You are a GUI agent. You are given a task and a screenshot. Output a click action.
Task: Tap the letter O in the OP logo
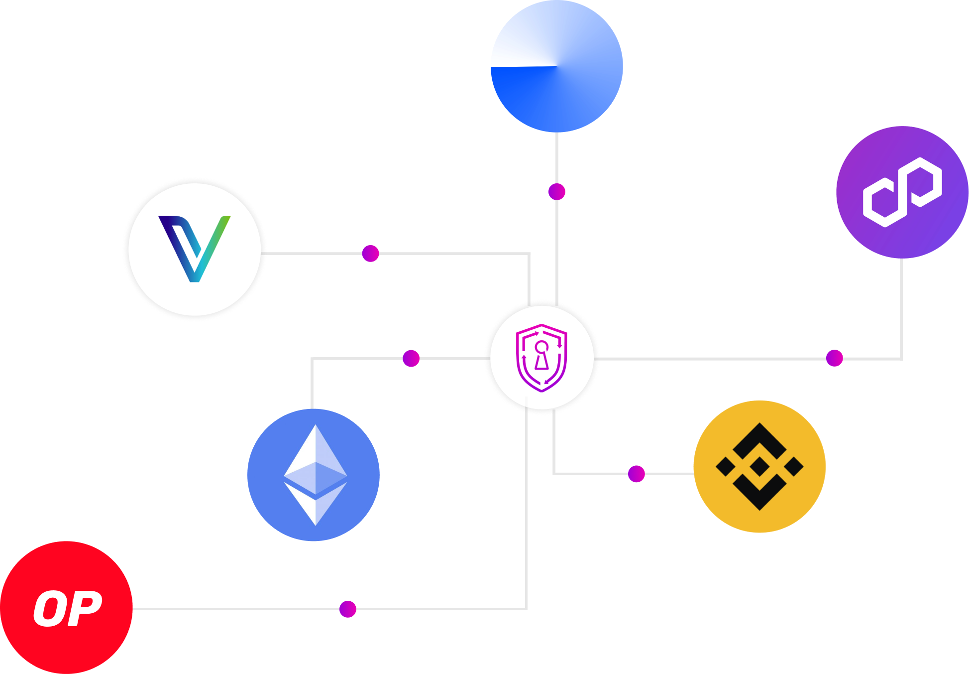(50, 608)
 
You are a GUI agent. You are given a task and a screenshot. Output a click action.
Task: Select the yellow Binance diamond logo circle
(759, 466)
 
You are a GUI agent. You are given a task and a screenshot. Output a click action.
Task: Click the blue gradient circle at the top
(556, 66)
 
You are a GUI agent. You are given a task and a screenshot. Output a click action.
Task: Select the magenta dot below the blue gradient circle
(556, 191)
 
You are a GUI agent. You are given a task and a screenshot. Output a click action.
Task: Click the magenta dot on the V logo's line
(370, 253)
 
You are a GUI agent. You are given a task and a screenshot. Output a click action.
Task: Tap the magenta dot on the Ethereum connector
(411, 358)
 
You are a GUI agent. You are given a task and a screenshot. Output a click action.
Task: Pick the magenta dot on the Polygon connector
(834, 358)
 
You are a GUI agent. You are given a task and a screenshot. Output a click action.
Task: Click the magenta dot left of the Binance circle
(636, 474)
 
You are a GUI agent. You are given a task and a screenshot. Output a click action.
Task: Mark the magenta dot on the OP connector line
(347, 609)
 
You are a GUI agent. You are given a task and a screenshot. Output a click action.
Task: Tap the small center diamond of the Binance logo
(759, 466)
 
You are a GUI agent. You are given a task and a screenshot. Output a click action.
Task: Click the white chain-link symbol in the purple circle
(902, 192)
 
